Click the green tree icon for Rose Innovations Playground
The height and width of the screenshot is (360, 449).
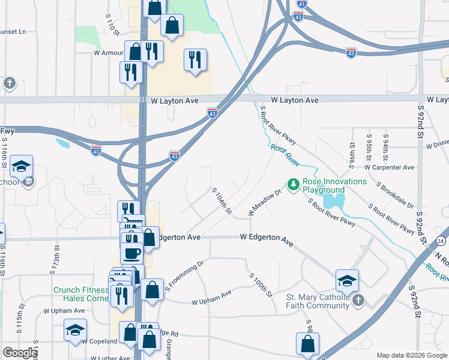pyautogui.click(x=294, y=185)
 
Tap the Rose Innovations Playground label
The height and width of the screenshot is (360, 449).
pyautogui.click(x=335, y=185)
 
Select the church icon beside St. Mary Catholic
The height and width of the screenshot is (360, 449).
pyautogui.click(x=358, y=301)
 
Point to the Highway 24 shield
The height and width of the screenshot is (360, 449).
pyautogui.click(x=441, y=241)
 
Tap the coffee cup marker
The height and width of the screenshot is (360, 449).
pyautogui.click(x=131, y=252)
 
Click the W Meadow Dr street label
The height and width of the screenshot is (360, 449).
pyautogui.click(x=265, y=203)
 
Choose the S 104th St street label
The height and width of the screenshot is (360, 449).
pyautogui.click(x=221, y=200)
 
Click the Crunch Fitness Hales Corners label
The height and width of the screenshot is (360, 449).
pyautogui.click(x=79, y=294)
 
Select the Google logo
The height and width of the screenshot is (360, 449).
pyautogui.click(x=19, y=353)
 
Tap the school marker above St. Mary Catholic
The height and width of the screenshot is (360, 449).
pyautogui.click(x=347, y=280)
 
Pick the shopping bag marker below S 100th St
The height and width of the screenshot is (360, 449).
pyautogui.click(x=307, y=344)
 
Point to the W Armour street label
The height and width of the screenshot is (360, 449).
pyautogui.click(x=108, y=53)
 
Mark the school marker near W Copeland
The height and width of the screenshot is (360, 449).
pyautogui.click(x=75, y=330)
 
